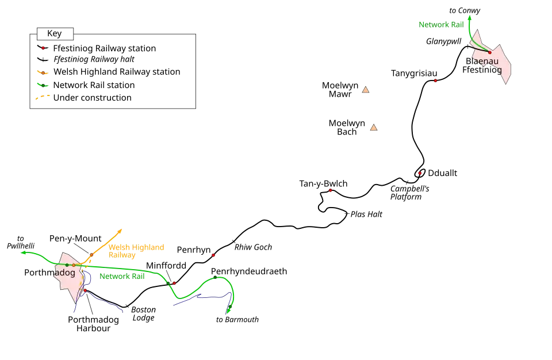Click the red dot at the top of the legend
coord(43,48)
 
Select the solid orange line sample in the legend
coord(43,73)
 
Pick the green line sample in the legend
coord(42,85)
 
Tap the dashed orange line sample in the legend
coord(41,97)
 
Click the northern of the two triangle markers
coord(365,90)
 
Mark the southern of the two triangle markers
coord(373,128)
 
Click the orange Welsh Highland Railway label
coord(137,251)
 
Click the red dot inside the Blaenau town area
coord(490,52)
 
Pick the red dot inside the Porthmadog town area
coord(85,290)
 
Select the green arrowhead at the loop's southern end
coord(229,312)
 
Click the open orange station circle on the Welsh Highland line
coord(91,255)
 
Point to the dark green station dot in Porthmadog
coord(67,265)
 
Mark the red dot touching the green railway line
coord(174,284)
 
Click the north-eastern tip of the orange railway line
coord(122,228)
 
